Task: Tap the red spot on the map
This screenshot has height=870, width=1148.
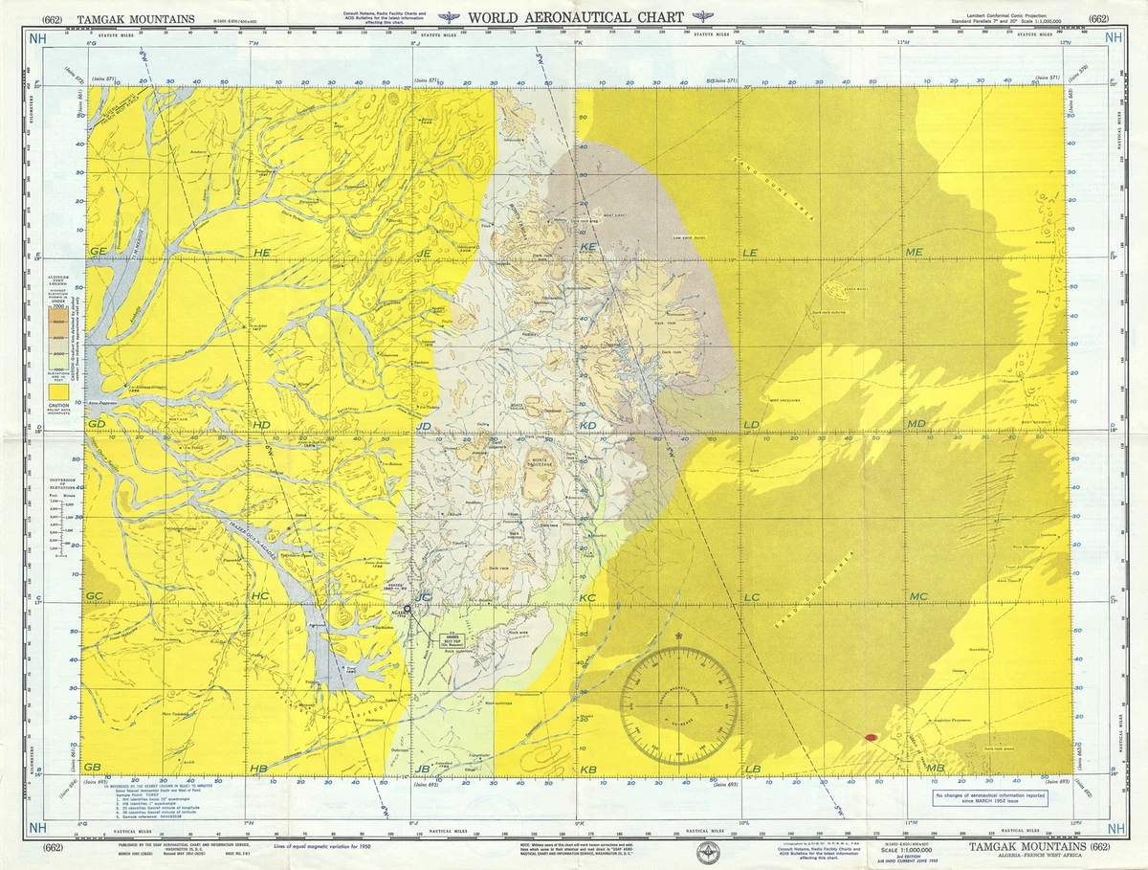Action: coord(870,737)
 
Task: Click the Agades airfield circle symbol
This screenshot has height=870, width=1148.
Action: coord(407,609)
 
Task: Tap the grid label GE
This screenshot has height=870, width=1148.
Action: coord(97,251)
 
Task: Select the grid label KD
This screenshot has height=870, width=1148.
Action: coord(587,425)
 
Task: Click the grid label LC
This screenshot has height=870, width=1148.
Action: coord(751,597)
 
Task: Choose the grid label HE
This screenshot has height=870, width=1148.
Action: coord(261,252)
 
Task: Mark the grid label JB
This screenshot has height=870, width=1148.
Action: coord(424,769)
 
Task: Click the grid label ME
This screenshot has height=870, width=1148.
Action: coord(914,252)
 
